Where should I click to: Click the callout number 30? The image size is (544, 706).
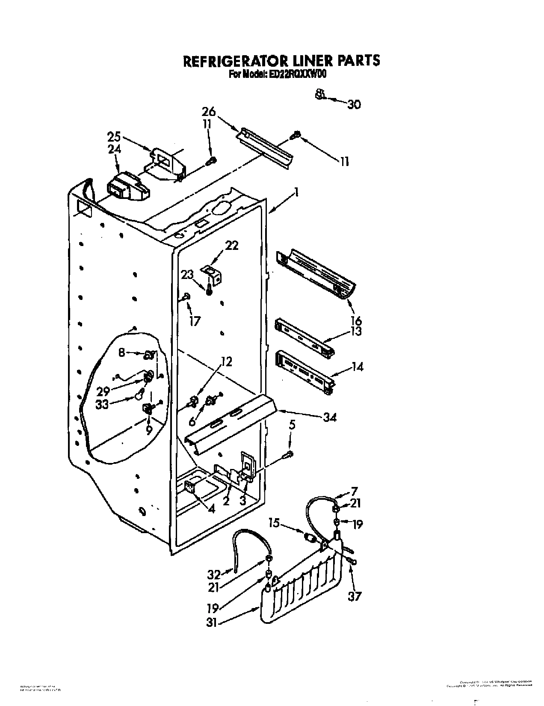[x=354, y=104]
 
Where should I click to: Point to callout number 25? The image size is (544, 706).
[x=114, y=138]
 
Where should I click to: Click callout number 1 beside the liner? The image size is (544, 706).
[x=295, y=193]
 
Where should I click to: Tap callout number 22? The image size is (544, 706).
[x=232, y=246]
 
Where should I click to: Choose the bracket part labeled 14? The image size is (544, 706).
[x=305, y=370]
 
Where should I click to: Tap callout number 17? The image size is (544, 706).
[x=195, y=320]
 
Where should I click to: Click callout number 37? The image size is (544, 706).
[x=355, y=596]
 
